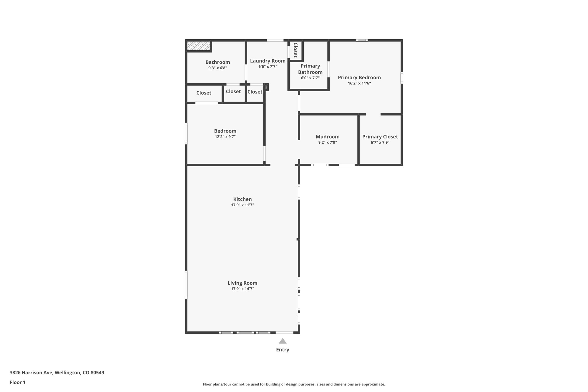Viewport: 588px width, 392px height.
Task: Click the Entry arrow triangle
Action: (283, 341)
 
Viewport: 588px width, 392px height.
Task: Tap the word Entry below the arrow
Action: (283, 349)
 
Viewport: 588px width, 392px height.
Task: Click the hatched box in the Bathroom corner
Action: (198, 45)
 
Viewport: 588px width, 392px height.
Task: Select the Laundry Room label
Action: (268, 61)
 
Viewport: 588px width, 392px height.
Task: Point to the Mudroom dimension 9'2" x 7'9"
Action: (327, 142)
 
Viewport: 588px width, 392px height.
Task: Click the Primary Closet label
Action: (380, 137)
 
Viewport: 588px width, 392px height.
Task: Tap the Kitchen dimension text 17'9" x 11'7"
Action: (242, 205)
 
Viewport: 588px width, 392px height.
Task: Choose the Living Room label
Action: (242, 283)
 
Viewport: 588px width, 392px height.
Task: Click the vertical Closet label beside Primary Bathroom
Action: (295, 50)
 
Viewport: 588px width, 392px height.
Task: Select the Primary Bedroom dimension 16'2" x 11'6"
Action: (359, 83)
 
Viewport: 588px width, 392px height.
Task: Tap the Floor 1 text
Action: (18, 382)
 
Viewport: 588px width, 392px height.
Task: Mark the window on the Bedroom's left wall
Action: (186, 134)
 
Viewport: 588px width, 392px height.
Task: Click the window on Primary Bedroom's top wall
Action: (362, 40)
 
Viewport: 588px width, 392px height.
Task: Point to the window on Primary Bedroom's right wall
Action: (402, 78)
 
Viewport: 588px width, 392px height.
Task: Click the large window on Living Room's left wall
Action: (186, 285)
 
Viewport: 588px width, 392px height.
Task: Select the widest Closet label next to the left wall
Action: (204, 93)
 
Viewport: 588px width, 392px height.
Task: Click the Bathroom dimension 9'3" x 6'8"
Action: (218, 68)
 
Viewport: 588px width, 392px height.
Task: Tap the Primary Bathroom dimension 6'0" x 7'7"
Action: (310, 78)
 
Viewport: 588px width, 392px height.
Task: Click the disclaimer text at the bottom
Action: (294, 384)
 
